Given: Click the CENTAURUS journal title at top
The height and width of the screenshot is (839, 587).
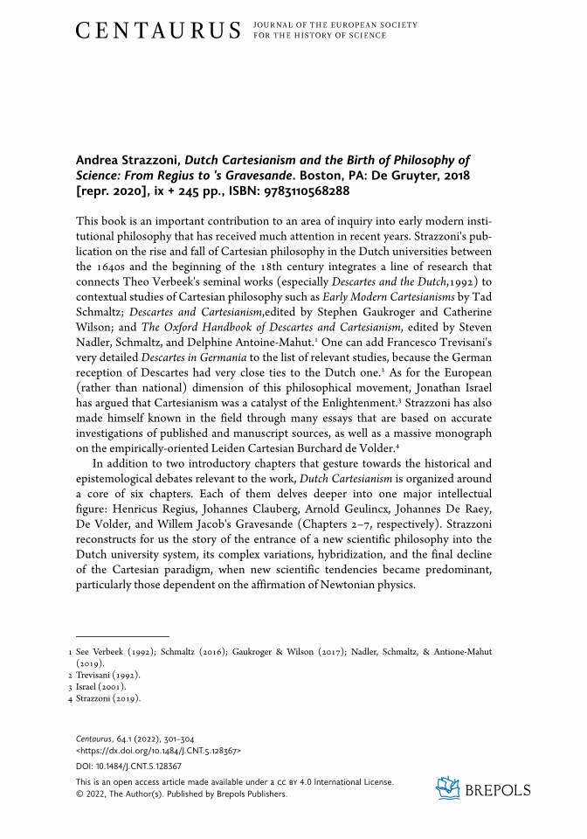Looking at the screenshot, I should [157, 31].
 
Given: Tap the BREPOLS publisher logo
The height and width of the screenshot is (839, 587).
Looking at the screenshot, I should [483, 789].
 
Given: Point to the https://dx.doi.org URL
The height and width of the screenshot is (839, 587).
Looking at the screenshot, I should [158, 751].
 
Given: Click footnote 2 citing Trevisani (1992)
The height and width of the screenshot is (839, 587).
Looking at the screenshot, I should [108, 675].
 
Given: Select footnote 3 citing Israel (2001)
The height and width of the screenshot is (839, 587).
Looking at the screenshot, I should [101, 686].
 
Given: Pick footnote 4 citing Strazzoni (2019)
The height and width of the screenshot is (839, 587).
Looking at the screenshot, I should [108, 698].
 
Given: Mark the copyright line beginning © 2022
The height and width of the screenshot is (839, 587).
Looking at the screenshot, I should [182, 794].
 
